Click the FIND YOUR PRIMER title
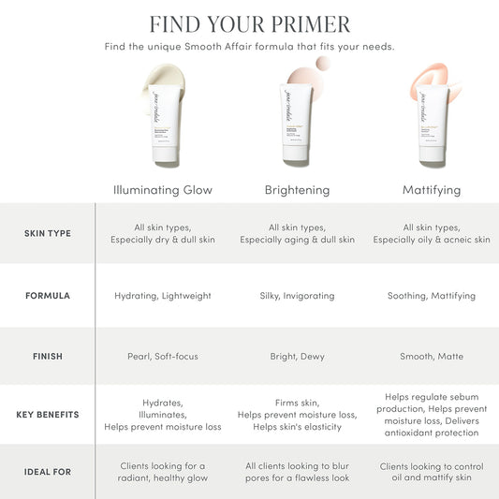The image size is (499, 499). (249, 23)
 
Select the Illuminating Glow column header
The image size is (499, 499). (162, 190)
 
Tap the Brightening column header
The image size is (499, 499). (297, 190)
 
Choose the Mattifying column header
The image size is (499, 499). (431, 190)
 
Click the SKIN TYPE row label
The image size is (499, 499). (47, 233)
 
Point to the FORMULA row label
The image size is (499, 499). (47, 296)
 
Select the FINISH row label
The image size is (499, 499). (47, 357)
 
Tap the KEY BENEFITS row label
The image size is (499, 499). (47, 414)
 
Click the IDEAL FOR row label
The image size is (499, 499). (47, 472)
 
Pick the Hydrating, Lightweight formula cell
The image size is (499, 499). (163, 296)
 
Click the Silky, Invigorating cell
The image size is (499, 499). (297, 296)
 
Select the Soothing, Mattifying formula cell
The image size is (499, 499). (431, 296)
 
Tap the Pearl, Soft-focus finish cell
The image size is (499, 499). (163, 357)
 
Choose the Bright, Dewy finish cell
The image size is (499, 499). (297, 357)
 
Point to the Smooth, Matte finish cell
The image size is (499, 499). (431, 357)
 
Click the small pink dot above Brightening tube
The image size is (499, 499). (323, 64)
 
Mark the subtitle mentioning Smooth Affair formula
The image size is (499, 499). (249, 47)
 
